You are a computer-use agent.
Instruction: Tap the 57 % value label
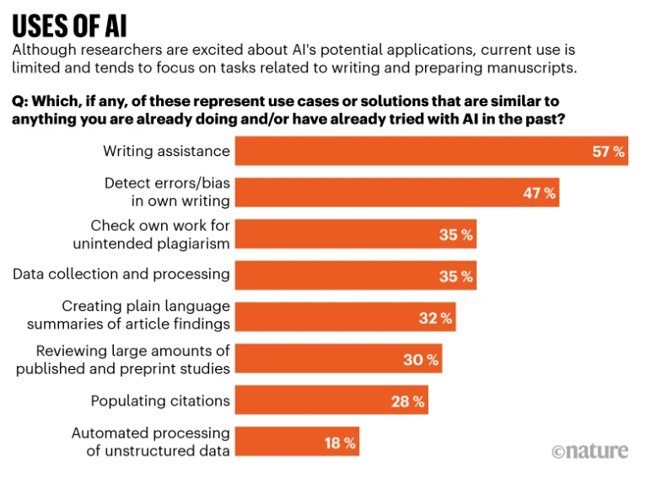(x=607, y=152)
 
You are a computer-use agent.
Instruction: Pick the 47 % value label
(x=539, y=193)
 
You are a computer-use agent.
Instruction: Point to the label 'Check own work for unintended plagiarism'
(x=160, y=234)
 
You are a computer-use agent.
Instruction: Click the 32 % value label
(x=435, y=318)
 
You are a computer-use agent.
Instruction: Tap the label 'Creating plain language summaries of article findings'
(x=128, y=316)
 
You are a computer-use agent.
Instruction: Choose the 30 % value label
(x=421, y=359)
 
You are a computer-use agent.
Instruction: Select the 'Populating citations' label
(x=160, y=400)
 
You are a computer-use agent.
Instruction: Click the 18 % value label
(x=339, y=442)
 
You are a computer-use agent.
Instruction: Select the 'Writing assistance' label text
(x=166, y=152)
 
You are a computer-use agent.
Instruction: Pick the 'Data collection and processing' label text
(x=121, y=274)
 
